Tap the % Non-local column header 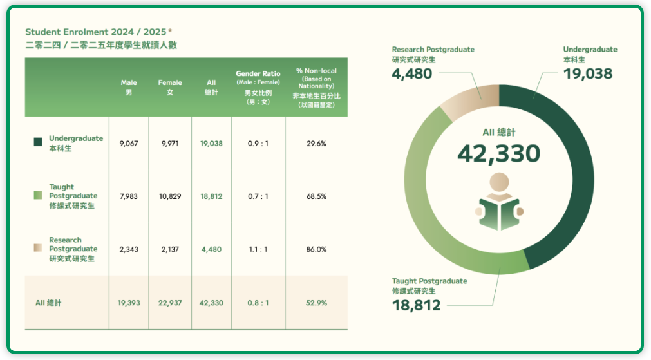click(316, 87)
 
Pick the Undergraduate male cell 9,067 click(129, 144)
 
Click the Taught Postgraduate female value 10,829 click(170, 196)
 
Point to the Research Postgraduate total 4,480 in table click(211, 249)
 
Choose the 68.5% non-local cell click(316, 196)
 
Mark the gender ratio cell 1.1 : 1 click(258, 249)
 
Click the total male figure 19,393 click(129, 303)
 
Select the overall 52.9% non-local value click(316, 303)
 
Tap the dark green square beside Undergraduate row click(38, 142)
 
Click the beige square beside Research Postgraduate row click(38, 249)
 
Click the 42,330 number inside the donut click(498, 153)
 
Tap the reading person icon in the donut click(499, 202)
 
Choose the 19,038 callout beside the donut click(587, 74)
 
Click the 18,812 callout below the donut click(416, 305)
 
